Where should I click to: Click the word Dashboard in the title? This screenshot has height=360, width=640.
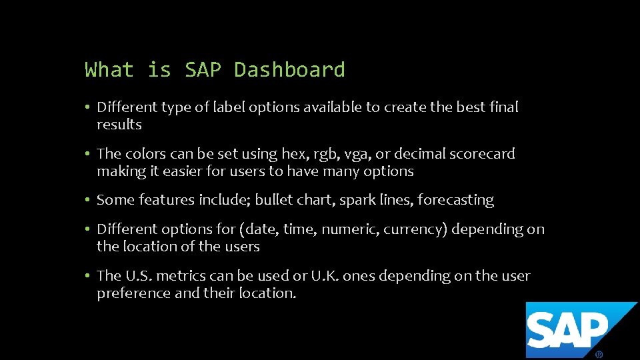289,70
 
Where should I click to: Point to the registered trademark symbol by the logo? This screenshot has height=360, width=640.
599,355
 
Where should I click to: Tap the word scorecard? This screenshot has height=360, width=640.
482,154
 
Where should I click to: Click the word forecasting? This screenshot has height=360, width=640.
455,200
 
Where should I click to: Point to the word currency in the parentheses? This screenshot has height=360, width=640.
413,229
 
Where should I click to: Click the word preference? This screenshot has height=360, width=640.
133,293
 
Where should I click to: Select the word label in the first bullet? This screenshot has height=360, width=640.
229,107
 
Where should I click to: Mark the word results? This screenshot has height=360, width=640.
119,125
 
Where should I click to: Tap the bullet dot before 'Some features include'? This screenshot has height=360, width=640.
88,200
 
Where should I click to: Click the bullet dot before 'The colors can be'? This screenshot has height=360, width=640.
88,154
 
